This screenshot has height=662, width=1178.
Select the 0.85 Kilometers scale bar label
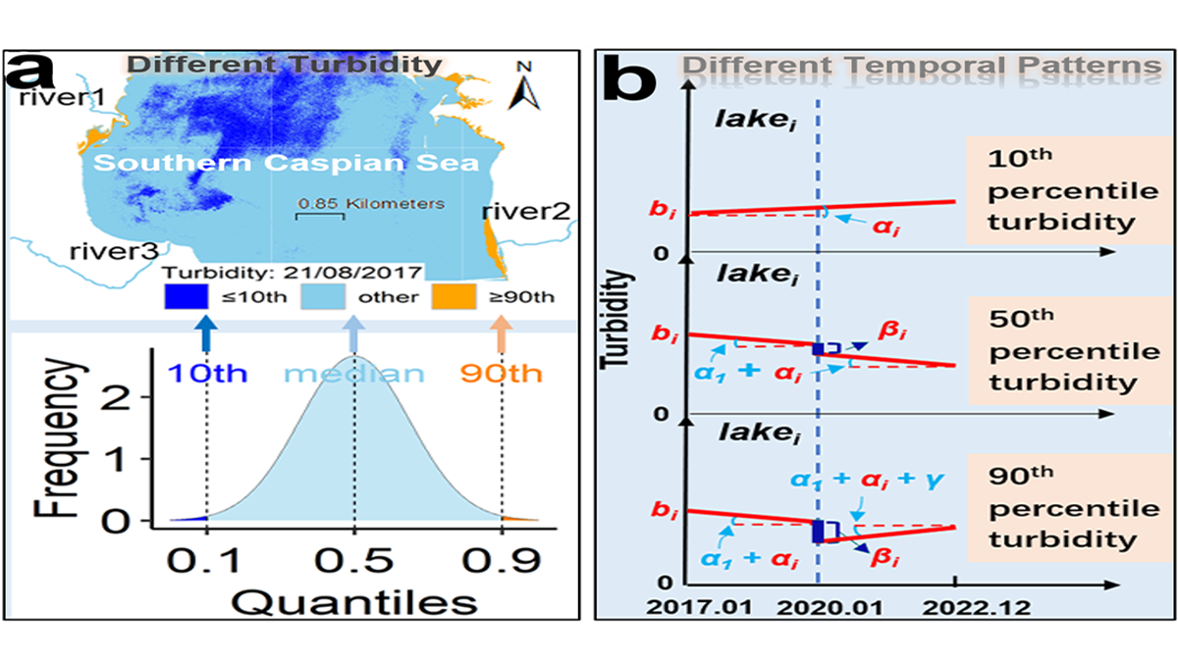pos(371,204)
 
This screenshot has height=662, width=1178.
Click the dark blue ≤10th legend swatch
pos(186,296)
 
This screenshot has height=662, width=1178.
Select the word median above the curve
pos(354,374)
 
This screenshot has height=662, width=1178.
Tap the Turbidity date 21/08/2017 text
pos(293,272)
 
